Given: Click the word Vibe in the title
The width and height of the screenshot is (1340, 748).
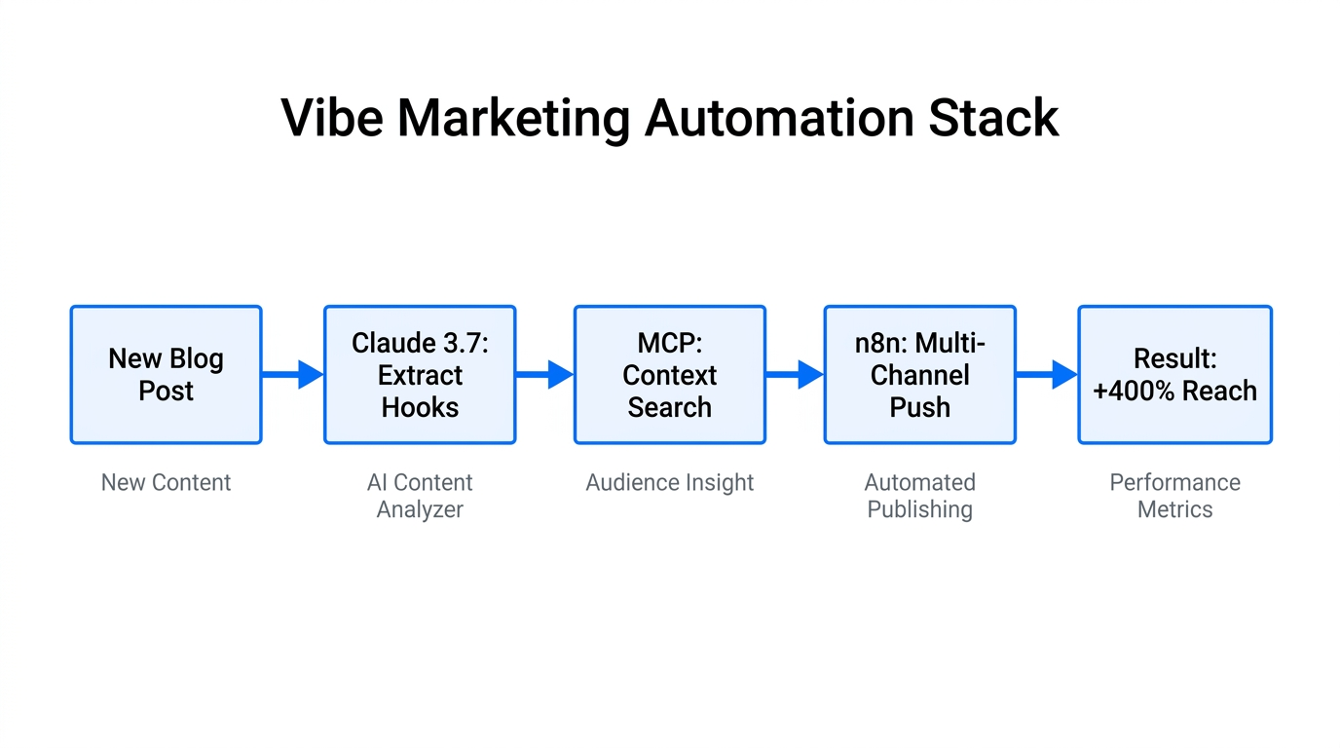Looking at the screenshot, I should pyautogui.click(x=330, y=118).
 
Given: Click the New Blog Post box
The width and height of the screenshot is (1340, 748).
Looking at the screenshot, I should pyautogui.click(x=166, y=375).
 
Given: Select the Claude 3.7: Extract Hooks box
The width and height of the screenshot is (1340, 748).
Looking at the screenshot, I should pyautogui.click(x=420, y=375).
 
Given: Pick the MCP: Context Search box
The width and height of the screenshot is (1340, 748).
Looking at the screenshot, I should pyautogui.click(x=670, y=375).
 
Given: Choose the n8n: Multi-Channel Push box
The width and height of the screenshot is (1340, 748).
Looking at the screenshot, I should pyautogui.click(x=919, y=375).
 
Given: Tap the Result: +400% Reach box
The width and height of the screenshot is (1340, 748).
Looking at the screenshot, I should pyautogui.click(x=1174, y=375).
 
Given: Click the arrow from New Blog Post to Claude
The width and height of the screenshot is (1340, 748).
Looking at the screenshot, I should pyautogui.click(x=293, y=374).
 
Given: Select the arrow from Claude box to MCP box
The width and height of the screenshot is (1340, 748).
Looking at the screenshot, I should pyautogui.click(x=544, y=374).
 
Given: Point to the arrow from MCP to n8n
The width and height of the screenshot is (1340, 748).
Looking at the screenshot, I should pyautogui.click(x=795, y=374).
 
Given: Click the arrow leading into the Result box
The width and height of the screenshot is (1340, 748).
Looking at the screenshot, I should pyautogui.click(x=1047, y=374).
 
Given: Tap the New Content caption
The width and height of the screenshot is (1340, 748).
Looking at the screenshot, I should pyautogui.click(x=166, y=483).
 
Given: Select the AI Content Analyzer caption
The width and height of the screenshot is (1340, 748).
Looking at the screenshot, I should pyautogui.click(x=420, y=496).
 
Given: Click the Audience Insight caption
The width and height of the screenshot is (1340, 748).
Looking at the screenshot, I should pyautogui.click(x=670, y=483).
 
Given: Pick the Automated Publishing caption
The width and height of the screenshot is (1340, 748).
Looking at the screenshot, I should pyautogui.click(x=919, y=496).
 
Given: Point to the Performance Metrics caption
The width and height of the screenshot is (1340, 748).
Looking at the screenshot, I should pyautogui.click(x=1174, y=496).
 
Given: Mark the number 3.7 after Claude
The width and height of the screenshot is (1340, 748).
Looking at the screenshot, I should pyautogui.click(x=465, y=343).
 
